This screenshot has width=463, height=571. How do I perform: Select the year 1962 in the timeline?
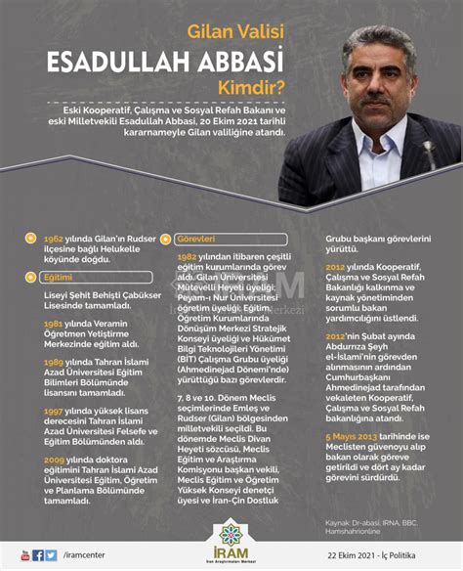[x=55, y=239]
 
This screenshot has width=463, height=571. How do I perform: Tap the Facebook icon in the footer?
[x=38, y=555]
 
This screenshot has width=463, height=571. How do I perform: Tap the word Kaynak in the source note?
[x=340, y=522]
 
